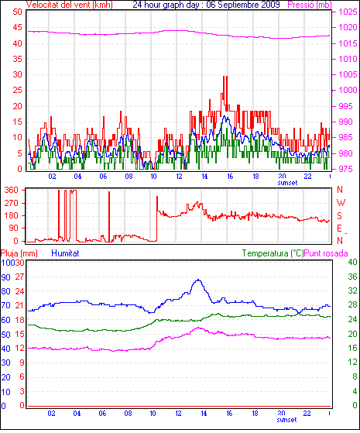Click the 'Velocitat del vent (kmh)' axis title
tap(70, 5)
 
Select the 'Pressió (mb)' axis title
tap(310, 5)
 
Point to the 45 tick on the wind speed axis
tap(17, 27)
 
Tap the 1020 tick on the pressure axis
tap(348, 27)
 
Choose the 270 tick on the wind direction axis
tap(11, 203)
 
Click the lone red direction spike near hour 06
tap(109, 216)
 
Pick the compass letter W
tap(341, 203)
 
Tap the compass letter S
tap(339, 215)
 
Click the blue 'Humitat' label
tap(66, 253)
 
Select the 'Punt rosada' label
tap(326, 253)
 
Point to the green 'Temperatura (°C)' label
tap(273, 253)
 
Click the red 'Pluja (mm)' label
tap(19, 253)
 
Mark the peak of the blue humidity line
tap(198, 280)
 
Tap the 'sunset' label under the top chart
tap(288, 183)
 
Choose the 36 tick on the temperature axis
tap(352, 277)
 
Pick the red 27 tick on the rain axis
tap(19, 277)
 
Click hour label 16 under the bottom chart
tap(229, 414)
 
